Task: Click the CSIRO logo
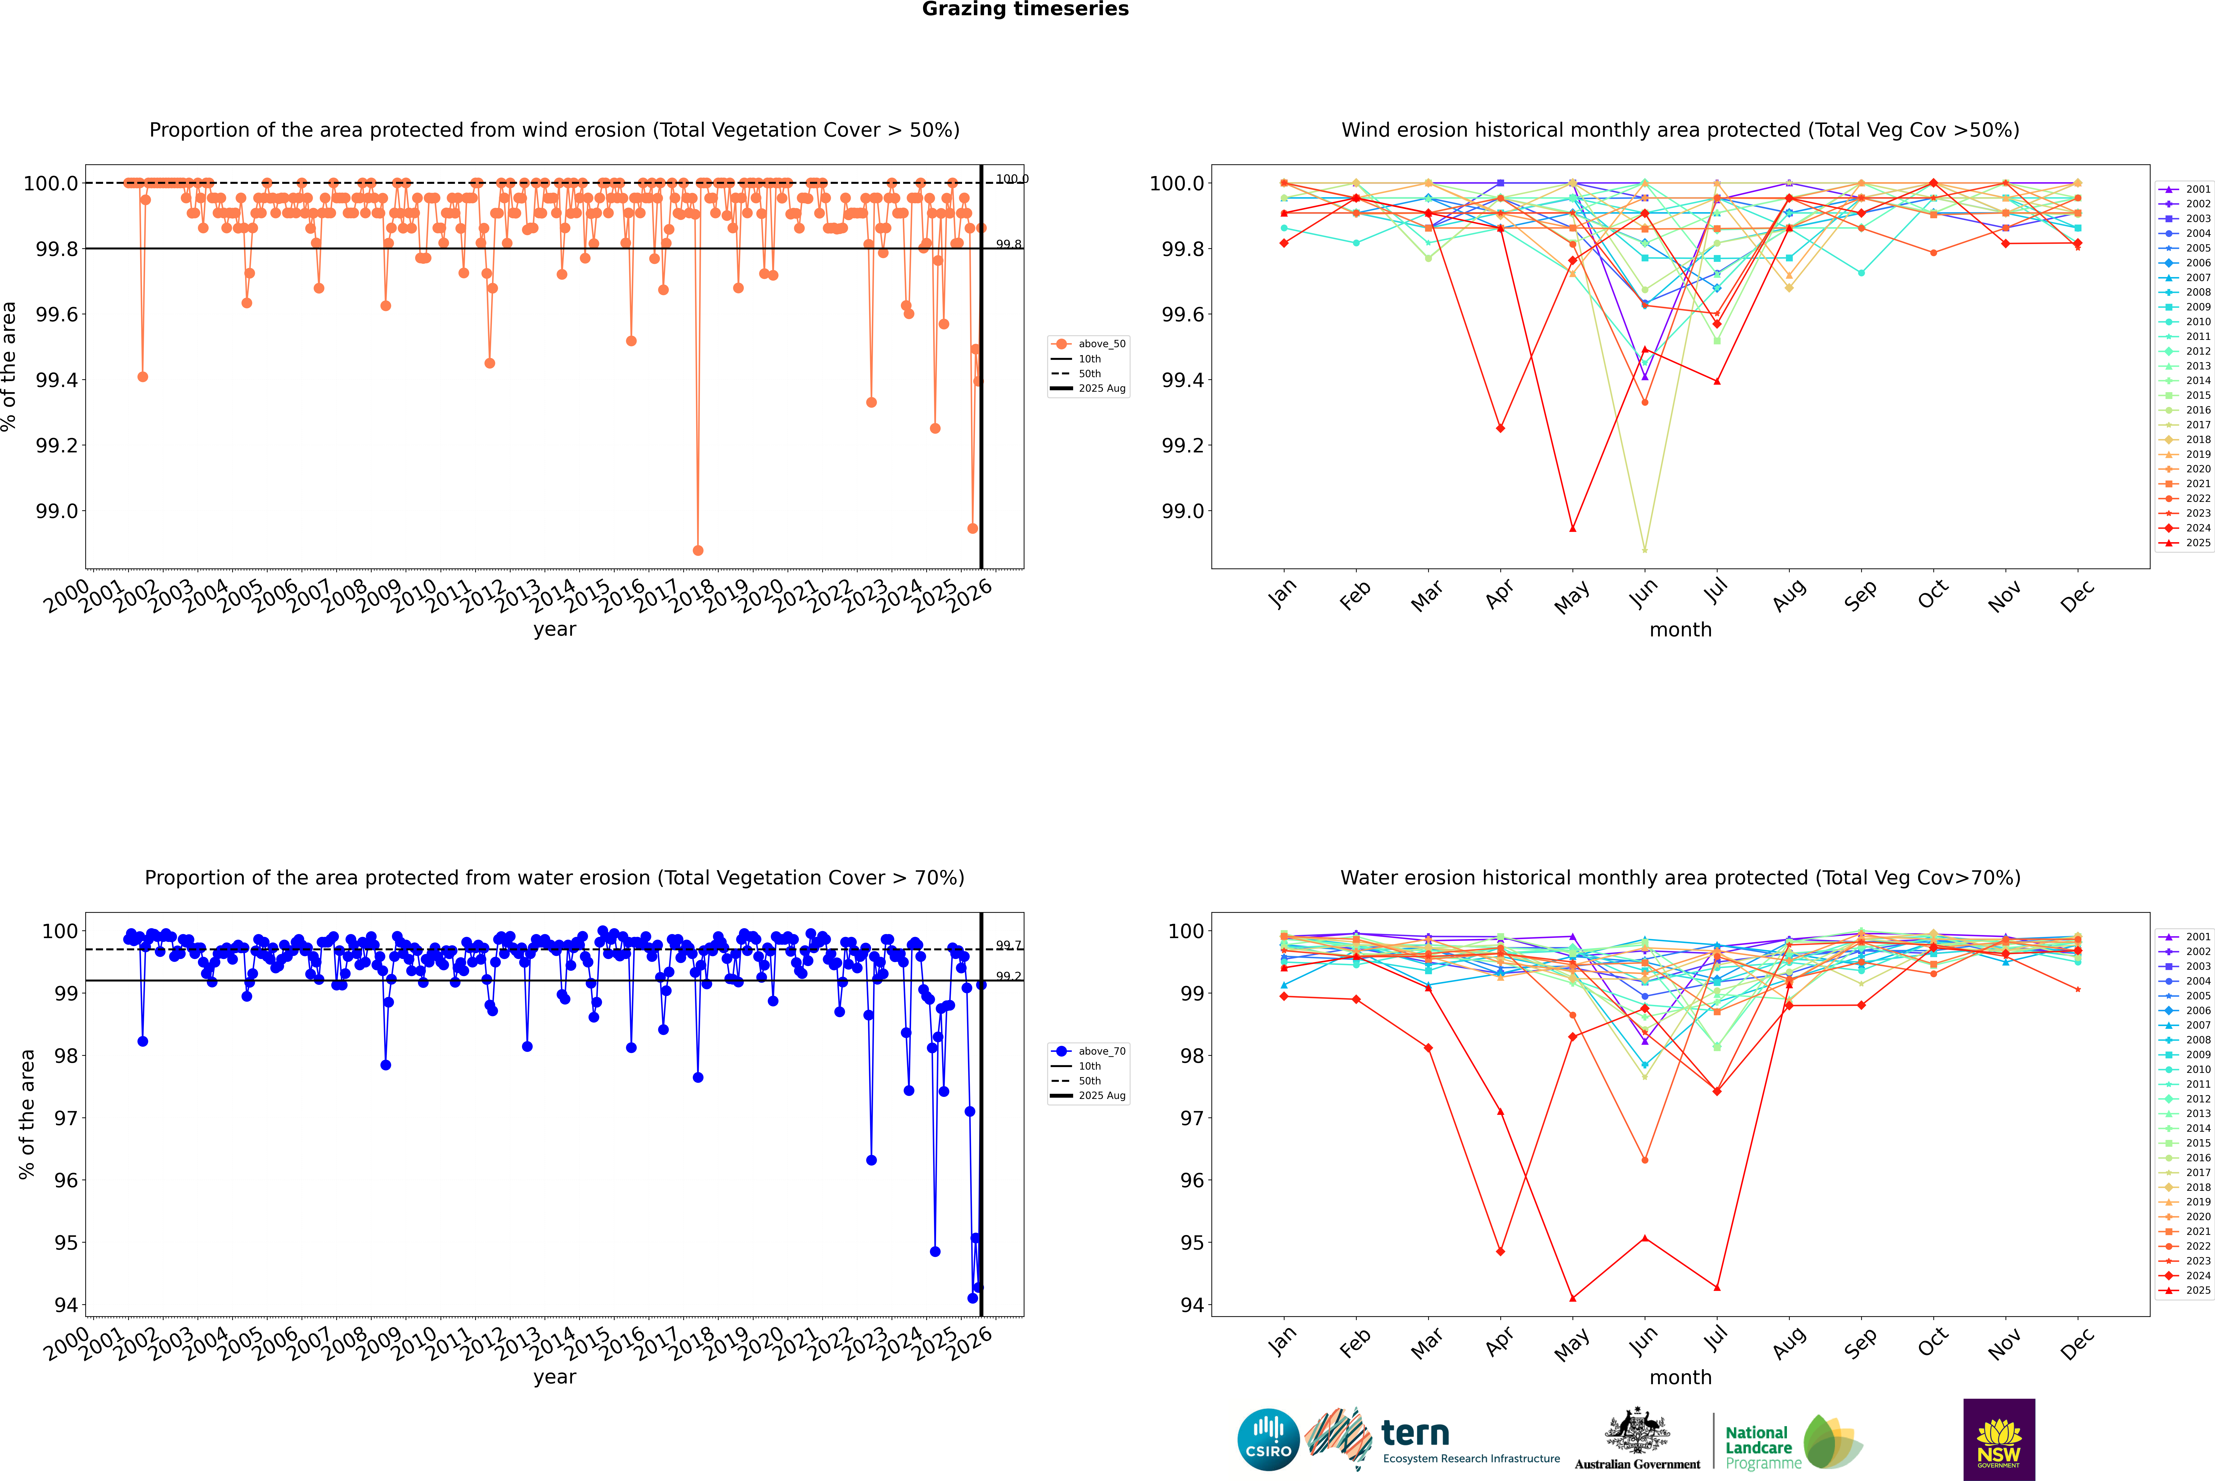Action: pos(1268,1440)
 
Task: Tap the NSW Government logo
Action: pos(1999,1440)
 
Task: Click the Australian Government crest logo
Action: pos(1637,1440)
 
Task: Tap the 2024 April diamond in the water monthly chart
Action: pos(1500,1252)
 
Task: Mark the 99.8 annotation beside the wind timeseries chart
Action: pos(1008,245)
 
